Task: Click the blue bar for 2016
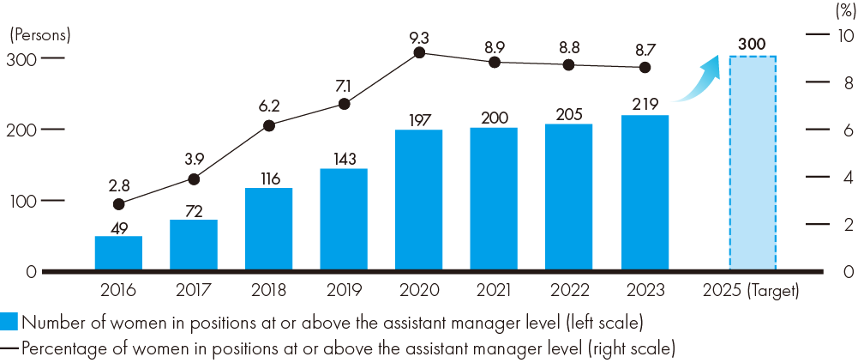coord(118,253)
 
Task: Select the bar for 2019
coord(344,219)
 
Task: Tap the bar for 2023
coord(645,193)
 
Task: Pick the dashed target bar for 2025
coord(753,163)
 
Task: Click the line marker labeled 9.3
coord(419,52)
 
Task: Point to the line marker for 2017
coord(194,179)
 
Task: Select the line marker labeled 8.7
coord(645,68)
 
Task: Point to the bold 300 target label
coord(752,42)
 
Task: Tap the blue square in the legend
coord(9,323)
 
